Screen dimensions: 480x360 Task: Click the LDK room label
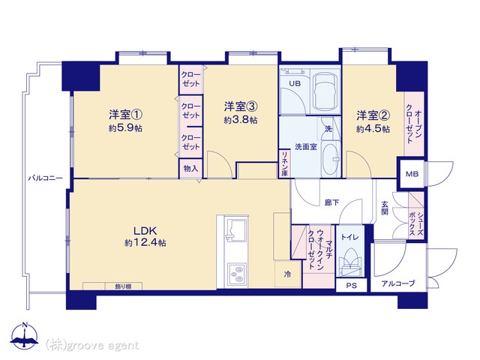[145, 230]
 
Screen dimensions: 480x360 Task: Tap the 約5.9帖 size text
[125, 128]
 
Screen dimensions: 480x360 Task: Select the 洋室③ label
[241, 106]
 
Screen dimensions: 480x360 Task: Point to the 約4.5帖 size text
[373, 129]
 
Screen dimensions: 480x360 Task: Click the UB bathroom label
[295, 83]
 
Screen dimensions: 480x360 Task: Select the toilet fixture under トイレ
[350, 260]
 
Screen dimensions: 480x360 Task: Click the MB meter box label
[412, 174]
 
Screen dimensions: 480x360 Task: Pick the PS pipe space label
[352, 286]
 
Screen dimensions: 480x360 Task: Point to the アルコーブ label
[398, 283]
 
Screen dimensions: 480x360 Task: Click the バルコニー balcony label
[46, 178]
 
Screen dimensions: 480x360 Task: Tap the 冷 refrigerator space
[287, 274]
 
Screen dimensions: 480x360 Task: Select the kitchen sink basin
[235, 229]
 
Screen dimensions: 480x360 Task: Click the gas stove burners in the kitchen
[236, 274]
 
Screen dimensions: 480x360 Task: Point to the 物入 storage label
[190, 168]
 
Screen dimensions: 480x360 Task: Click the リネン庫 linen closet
[285, 163]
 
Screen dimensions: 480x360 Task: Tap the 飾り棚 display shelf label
[123, 286]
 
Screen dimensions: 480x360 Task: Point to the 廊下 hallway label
[331, 202]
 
